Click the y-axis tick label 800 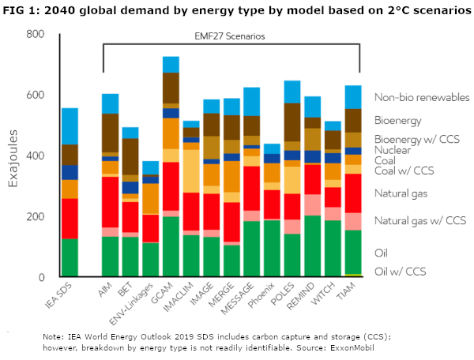point(34,35)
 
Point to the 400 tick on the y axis point(34,156)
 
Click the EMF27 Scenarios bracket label point(231,37)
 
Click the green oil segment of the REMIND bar point(312,246)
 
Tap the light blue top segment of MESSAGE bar point(252,101)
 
